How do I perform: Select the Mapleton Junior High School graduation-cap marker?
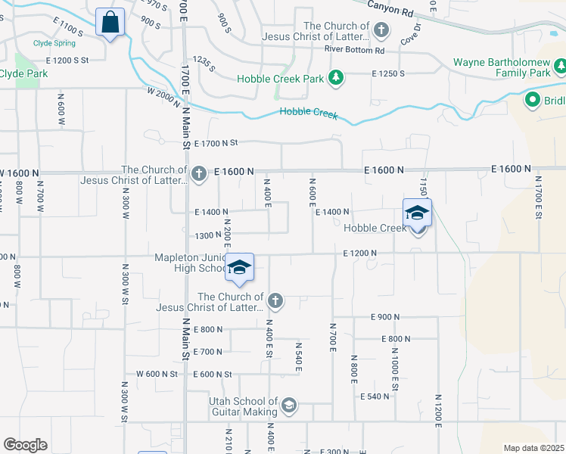pyautogui.click(x=239, y=269)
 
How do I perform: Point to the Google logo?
pyautogui.click(x=25, y=445)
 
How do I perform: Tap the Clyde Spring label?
pyautogui.click(x=54, y=43)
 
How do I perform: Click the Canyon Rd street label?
pyautogui.click(x=392, y=9)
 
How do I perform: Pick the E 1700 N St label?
pyautogui.click(x=216, y=142)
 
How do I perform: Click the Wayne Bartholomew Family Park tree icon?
pyautogui.click(x=561, y=68)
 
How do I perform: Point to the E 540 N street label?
pyautogui.click(x=375, y=396)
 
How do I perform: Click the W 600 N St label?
pyautogui.click(x=157, y=374)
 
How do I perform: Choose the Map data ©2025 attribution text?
pyautogui.click(x=533, y=448)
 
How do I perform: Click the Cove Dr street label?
pyautogui.click(x=410, y=35)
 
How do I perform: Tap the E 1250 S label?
pyautogui.click(x=388, y=73)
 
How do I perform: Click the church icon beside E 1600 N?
pyautogui.click(x=199, y=175)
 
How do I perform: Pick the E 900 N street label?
pyautogui.click(x=384, y=316)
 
